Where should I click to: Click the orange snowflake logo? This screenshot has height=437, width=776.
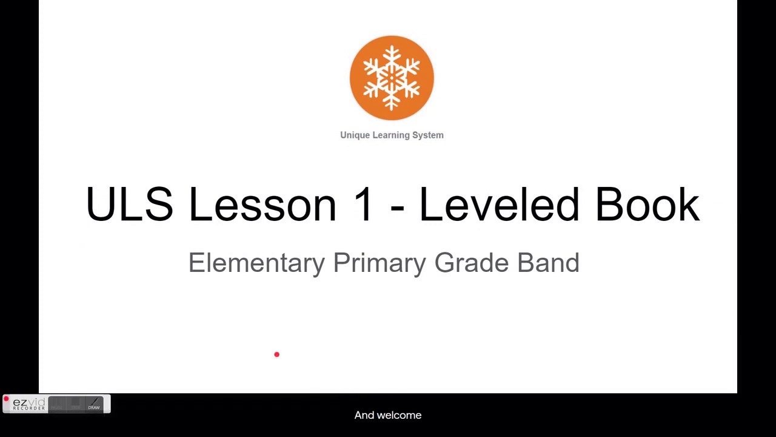392,78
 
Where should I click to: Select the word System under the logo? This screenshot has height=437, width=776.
428,135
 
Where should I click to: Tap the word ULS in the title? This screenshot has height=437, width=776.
129,205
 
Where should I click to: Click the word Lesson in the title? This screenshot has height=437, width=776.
263,205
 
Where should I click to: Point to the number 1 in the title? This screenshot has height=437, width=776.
364,205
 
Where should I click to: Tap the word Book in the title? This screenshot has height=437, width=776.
647,205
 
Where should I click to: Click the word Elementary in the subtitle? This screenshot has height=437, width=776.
256,263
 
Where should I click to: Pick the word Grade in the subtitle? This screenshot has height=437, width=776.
472,263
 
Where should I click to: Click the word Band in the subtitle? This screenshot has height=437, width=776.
548,263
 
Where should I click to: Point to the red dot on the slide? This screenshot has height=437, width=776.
276,354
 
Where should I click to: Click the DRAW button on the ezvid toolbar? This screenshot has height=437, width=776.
94,404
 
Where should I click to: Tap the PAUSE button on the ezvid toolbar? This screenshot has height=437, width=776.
57,404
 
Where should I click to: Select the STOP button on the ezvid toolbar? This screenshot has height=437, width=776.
75,404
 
